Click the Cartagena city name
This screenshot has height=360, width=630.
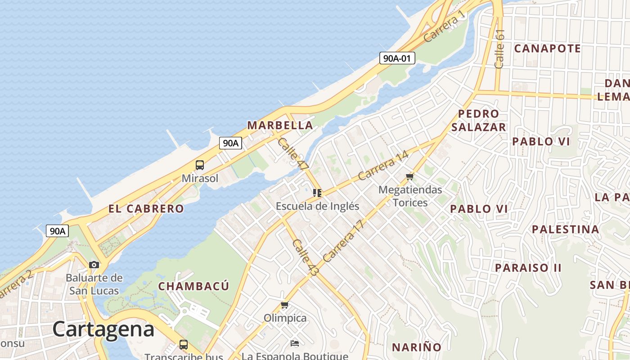103,329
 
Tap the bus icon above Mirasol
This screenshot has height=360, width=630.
200,165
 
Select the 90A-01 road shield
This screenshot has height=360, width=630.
397,58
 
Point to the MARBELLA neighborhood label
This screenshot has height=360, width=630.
280,125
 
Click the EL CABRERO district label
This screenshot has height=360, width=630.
146,209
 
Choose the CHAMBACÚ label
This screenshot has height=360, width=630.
193,286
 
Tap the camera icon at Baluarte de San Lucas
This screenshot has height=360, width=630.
94,265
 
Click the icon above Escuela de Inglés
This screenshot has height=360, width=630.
317,193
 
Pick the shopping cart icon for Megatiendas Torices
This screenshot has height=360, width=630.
409,176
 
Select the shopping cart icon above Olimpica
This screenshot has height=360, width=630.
284,305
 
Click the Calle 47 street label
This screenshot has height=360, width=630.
293,154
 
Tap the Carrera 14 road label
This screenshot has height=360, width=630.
383,165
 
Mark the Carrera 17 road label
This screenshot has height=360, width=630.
343,241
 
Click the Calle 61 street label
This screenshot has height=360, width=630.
499,49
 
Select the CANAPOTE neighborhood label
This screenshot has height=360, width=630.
547,49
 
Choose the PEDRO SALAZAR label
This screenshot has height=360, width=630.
479,120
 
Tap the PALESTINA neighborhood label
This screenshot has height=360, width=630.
565,229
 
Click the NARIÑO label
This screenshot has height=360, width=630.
417,347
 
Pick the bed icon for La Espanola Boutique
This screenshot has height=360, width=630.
295,343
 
